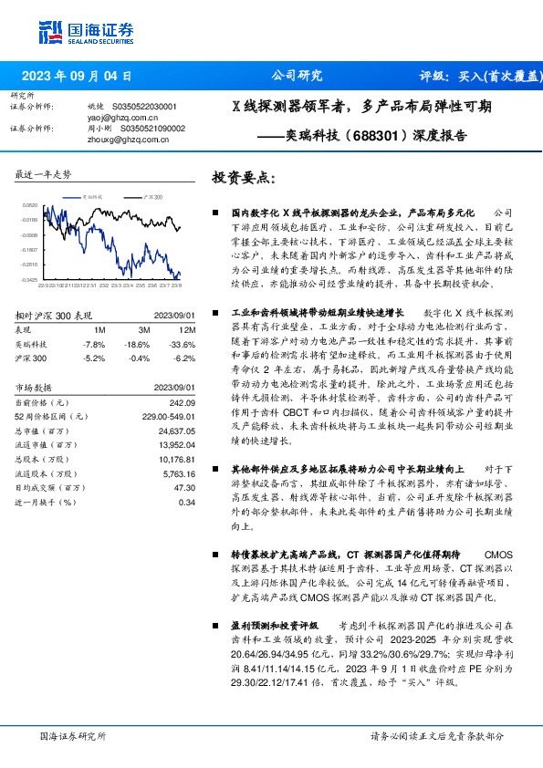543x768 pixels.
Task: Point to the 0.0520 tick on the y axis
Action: click(x=30, y=206)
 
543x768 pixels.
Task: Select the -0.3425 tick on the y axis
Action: click(x=30, y=279)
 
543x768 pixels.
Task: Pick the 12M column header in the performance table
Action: click(x=187, y=329)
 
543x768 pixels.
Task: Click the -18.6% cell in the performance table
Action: click(x=138, y=344)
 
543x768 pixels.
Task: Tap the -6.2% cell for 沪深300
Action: click(x=186, y=358)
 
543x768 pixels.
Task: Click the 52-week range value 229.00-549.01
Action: click(x=168, y=417)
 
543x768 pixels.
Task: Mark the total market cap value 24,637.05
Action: click(x=176, y=431)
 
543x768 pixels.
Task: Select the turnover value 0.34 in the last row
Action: click(x=187, y=502)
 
